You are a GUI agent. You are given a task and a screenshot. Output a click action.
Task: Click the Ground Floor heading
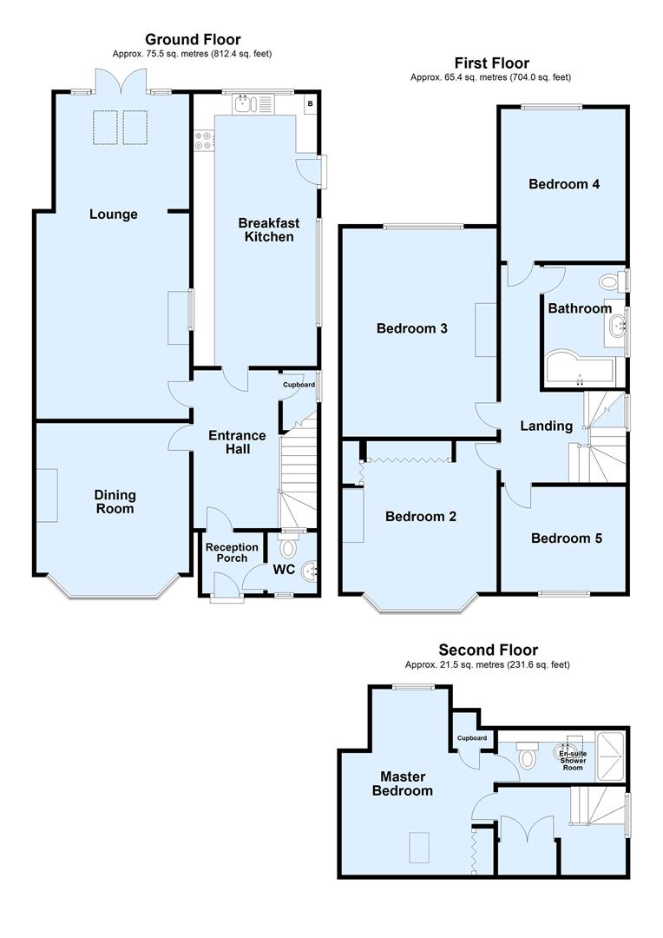(193, 39)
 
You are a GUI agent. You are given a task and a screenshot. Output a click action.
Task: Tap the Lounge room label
(114, 215)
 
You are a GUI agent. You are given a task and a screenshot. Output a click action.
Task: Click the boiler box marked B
(309, 104)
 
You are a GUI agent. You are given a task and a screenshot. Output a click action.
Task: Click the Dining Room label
(115, 501)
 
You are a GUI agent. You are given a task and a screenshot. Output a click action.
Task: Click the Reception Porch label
(231, 552)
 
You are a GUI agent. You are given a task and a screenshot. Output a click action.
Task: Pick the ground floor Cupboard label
(299, 385)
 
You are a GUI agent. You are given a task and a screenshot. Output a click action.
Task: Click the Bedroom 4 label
(564, 184)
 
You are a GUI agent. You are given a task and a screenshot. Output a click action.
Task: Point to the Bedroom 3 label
(411, 328)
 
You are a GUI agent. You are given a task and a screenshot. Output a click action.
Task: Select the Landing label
(546, 426)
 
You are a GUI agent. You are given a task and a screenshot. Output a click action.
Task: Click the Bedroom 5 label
(566, 538)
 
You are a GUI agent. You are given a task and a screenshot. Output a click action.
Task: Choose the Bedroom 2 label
(421, 516)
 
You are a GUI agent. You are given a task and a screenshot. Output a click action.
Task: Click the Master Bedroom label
(402, 783)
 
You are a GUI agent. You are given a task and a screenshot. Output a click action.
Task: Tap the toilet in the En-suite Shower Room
(527, 758)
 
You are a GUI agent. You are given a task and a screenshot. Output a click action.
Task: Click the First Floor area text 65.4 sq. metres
(490, 77)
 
